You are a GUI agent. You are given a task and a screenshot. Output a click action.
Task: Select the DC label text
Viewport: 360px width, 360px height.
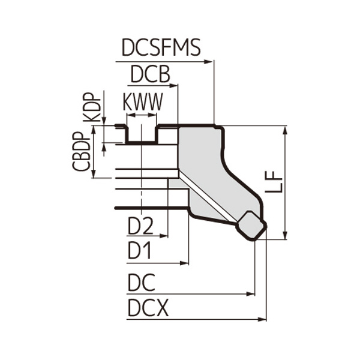point(141,282)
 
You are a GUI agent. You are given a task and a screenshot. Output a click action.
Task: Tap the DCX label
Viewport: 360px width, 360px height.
point(148,308)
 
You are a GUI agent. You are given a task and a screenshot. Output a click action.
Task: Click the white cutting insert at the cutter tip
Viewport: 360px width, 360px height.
point(251,226)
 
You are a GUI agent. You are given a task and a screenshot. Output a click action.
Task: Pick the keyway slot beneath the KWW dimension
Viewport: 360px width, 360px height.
point(142,134)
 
